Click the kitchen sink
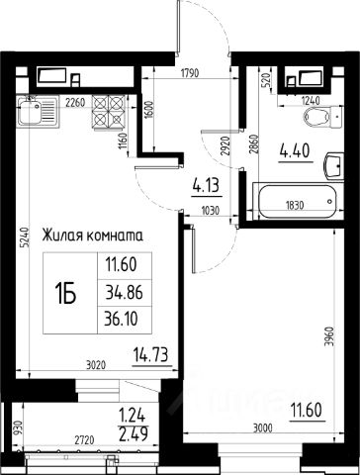coord(39,111)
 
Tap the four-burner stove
coord(109,112)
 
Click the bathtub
coord(297,201)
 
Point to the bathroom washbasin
coord(334,165)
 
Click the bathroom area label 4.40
coord(296,151)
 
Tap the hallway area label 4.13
coord(207,186)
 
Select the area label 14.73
coord(151,355)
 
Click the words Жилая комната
coord(92,236)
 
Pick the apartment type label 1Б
coord(65,293)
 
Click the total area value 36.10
coord(121,320)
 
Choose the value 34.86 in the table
coord(124,292)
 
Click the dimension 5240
coord(23,237)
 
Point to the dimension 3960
coord(329,336)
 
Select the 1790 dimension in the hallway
coord(190,72)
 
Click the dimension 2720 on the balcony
coord(84,440)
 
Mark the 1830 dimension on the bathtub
coord(295,206)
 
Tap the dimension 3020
coord(96,365)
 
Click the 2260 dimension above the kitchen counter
coord(75,103)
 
